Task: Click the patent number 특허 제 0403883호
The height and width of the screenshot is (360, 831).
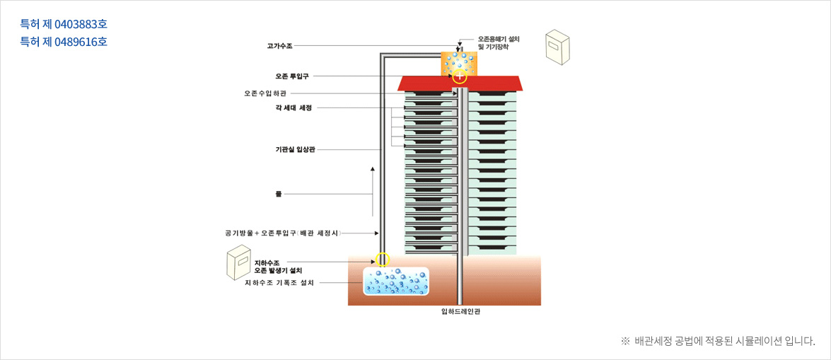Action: coord(64,25)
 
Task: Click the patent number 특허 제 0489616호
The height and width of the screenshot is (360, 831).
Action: coord(64,42)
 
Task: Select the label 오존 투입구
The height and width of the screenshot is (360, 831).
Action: coord(291,75)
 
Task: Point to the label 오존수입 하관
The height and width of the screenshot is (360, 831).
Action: coord(266,93)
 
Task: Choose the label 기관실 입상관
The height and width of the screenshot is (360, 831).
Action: coord(295,149)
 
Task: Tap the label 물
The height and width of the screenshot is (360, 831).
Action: coord(278,193)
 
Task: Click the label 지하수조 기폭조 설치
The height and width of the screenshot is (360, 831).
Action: coord(279,282)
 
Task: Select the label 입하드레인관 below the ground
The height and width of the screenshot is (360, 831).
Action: coord(460,310)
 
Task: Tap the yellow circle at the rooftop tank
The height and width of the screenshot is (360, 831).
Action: coord(460,76)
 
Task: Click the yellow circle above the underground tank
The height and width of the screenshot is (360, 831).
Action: coord(382,259)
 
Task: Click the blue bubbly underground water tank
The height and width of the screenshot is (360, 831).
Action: coord(396,281)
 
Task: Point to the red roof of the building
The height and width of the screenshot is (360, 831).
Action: coord(460,83)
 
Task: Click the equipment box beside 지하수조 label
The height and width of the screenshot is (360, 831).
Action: coord(239,263)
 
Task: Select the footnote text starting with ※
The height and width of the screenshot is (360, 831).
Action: coord(717,341)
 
